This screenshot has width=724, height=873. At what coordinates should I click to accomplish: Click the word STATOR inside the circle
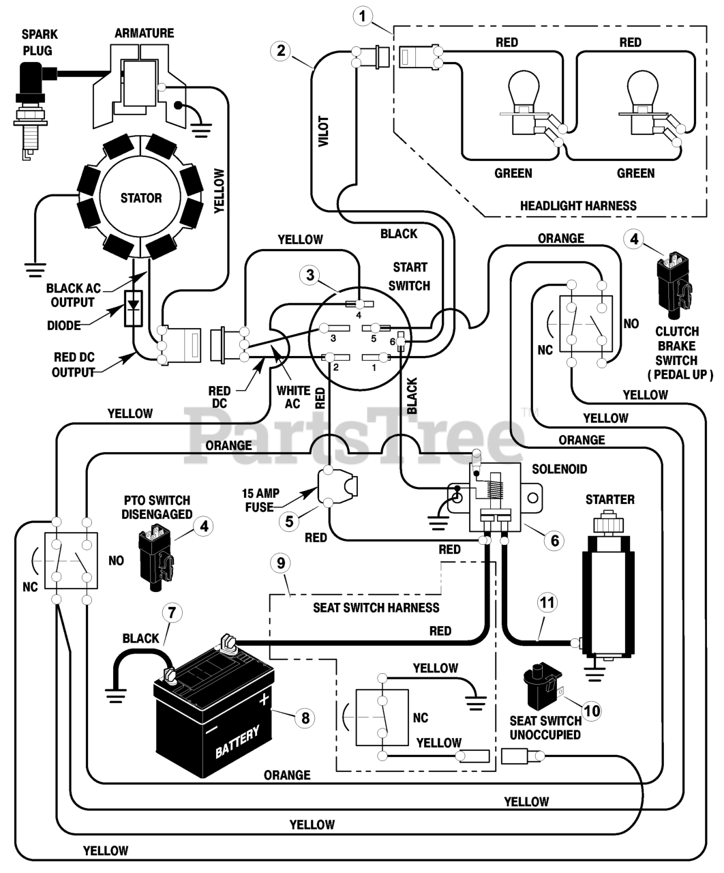point(141,198)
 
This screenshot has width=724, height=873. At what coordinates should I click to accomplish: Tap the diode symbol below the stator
point(134,308)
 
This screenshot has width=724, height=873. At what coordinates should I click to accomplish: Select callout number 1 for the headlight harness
point(362,17)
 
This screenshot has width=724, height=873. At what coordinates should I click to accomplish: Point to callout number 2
point(280,51)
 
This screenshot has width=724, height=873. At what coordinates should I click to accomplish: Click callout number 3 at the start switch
point(310,275)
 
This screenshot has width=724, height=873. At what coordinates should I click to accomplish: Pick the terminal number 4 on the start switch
point(359,315)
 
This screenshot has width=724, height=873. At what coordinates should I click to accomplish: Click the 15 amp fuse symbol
point(337,488)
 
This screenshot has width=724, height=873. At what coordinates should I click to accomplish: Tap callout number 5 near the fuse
point(289,522)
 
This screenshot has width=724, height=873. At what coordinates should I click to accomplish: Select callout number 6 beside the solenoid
point(555,541)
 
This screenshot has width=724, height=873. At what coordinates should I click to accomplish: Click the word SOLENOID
point(559,469)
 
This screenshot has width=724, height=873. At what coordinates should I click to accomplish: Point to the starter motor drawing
point(608,589)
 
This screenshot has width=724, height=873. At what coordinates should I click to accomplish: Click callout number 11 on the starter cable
point(547,603)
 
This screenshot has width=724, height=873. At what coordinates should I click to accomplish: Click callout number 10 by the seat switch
point(592,711)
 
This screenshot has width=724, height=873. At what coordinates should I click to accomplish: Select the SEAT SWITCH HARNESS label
point(376,608)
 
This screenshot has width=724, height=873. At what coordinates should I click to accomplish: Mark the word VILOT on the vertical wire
point(324,131)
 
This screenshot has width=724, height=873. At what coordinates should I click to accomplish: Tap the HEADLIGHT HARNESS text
point(578,206)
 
